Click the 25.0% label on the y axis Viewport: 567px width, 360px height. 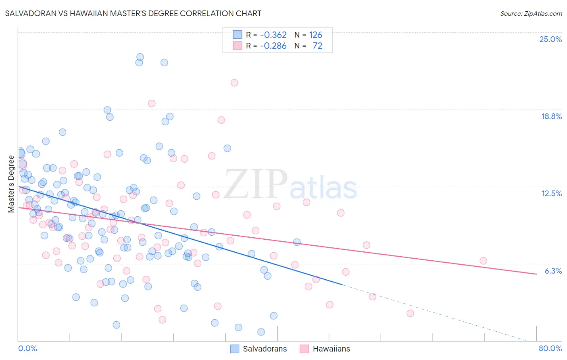[x=550, y=39]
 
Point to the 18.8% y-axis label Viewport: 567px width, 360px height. [x=551, y=116]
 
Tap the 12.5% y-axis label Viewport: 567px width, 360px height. [x=551, y=193]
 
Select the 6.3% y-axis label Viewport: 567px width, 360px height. [x=553, y=271]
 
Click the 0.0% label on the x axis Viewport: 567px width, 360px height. [x=27, y=348]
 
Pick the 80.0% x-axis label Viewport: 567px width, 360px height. [x=550, y=348]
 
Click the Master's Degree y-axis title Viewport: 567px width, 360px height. [x=11, y=184]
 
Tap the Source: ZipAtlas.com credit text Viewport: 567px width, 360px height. [x=531, y=13]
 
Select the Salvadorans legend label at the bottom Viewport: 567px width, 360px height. [x=265, y=349]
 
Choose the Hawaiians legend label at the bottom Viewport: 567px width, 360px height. [x=331, y=349]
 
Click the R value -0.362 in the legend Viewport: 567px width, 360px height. [x=273, y=35]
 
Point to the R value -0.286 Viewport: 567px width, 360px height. [x=273, y=46]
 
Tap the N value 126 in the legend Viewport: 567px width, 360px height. [x=315, y=35]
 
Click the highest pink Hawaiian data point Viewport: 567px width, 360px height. [x=234, y=83]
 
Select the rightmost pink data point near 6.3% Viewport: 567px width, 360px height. [x=483, y=261]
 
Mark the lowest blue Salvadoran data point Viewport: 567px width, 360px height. [x=261, y=332]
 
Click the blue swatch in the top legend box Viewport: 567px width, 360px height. [x=238, y=35]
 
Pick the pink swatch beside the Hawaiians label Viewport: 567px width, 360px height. [x=304, y=349]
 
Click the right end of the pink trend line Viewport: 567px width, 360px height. [x=536, y=274]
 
